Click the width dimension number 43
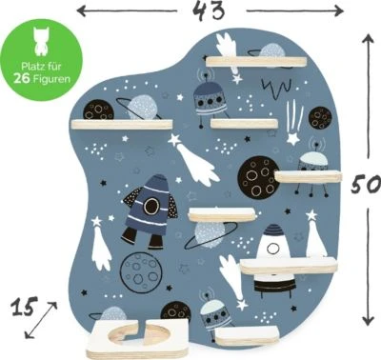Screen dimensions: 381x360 (x=209, y=10)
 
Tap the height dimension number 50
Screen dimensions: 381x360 (x=366, y=184)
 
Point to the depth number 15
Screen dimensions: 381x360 (x=24, y=307)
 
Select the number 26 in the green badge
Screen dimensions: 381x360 (x=21, y=78)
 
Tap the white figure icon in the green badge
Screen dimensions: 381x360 (x=41, y=41)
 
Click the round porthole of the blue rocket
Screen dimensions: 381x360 (x=151, y=206)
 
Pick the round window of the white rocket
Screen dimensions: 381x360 (x=273, y=249)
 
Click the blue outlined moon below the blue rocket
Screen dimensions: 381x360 (x=141, y=271)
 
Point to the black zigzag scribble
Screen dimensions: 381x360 (x=276, y=86)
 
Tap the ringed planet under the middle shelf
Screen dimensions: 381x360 (x=210, y=234)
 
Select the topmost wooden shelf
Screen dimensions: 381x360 (x=256, y=62)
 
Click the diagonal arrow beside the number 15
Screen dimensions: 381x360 (x=41, y=320)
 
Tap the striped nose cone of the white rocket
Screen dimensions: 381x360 (x=272, y=230)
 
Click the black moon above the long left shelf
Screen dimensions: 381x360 (x=98, y=110)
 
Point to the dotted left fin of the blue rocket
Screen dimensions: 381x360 (x=132, y=196)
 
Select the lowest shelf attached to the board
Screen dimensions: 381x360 (x=247, y=335)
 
